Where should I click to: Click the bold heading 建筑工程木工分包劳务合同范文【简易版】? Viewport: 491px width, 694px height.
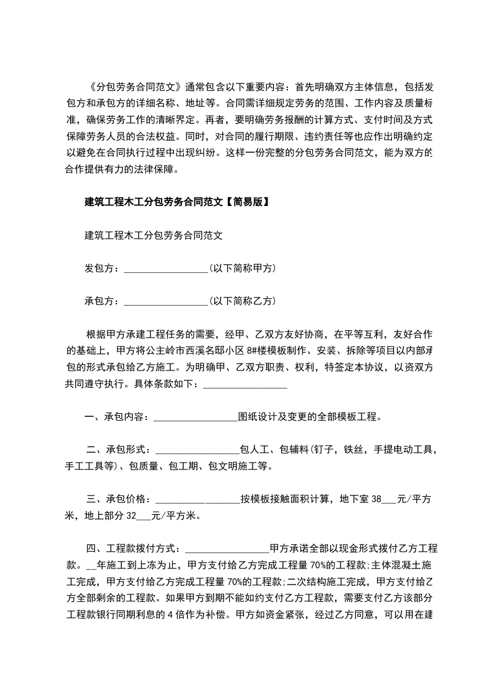pyautogui.click(x=176, y=202)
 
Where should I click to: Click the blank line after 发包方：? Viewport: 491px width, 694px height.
pyautogui.click(x=166, y=268)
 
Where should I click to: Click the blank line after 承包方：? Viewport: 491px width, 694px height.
pyautogui.click(x=166, y=302)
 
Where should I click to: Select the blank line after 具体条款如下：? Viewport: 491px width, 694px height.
pyautogui.click(x=245, y=385)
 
